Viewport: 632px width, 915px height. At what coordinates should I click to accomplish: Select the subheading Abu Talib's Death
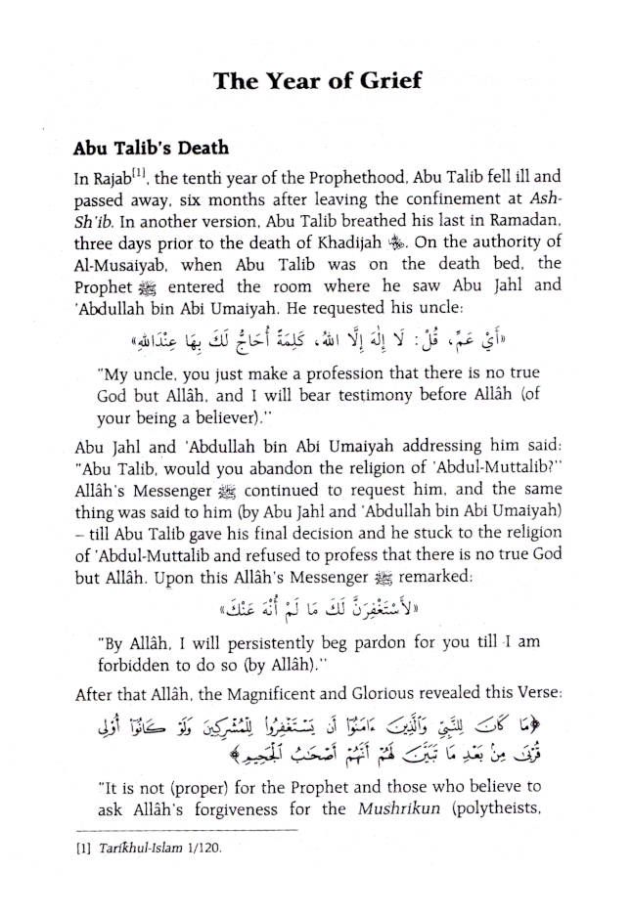coord(151,150)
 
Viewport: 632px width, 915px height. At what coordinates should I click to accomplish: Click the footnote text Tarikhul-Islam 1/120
coord(158,850)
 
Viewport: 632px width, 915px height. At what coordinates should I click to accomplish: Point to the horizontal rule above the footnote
coord(185,831)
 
